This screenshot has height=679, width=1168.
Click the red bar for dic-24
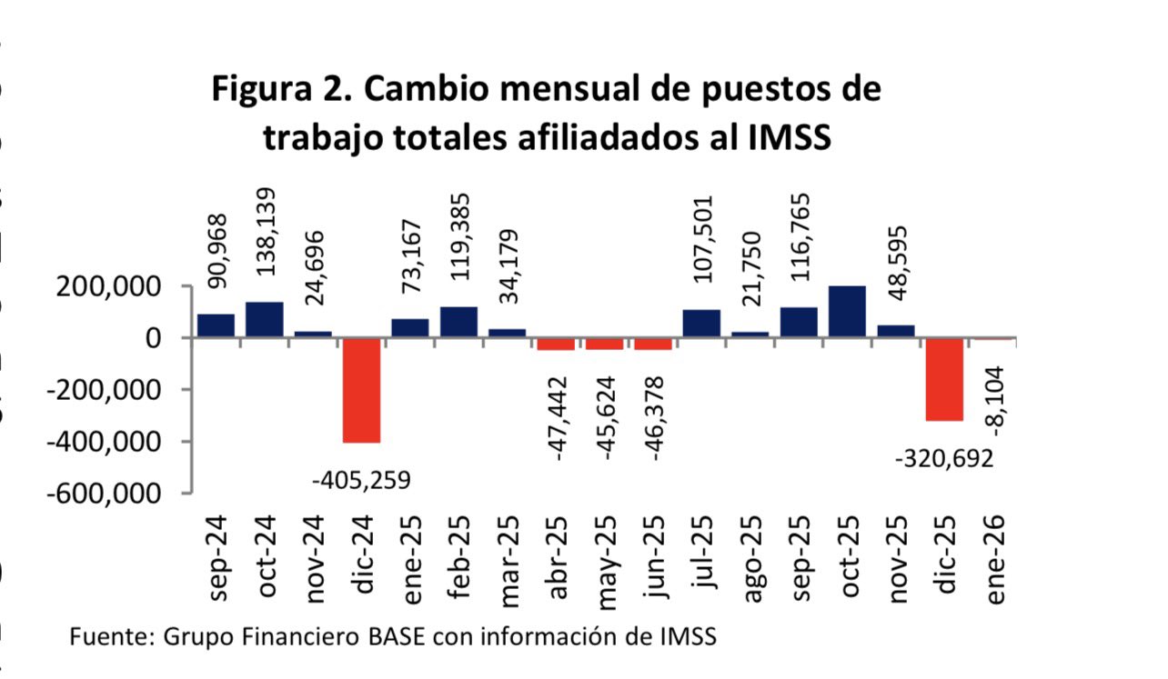[361, 389]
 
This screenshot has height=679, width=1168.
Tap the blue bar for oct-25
[847, 312]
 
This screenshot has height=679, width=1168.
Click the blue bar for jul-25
[701, 323]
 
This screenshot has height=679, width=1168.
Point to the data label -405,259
[361, 478]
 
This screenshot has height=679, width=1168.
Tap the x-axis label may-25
[606, 558]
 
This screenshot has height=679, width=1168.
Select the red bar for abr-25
[556, 344]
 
